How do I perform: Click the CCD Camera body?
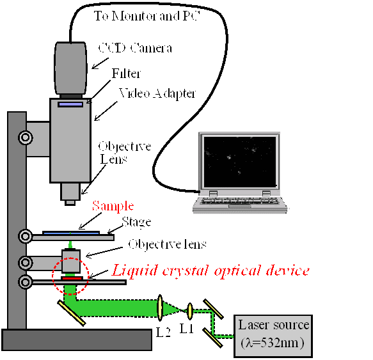[70, 68]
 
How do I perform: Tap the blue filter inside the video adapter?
[70, 104]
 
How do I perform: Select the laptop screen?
[240, 162]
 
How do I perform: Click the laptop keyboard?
[239, 201]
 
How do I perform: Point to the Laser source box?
[273, 336]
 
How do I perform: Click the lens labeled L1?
[189, 311]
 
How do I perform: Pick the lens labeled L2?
[160, 308]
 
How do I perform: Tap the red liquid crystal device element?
[72, 278]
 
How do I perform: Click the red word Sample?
[113, 206]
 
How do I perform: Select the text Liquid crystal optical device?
[210, 270]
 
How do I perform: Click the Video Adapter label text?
[157, 93]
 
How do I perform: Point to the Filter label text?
[126, 74]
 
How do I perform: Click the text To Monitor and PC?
[147, 16]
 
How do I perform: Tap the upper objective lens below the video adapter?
[70, 194]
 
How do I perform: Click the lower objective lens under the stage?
[71, 261]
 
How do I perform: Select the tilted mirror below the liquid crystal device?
[72, 313]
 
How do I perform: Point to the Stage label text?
[136, 223]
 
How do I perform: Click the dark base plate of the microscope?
[77, 340]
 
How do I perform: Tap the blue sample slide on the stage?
[71, 233]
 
